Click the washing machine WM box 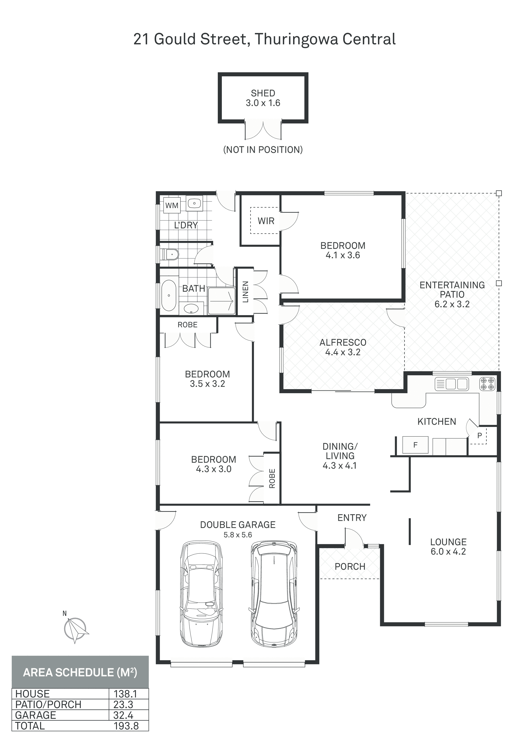click(x=172, y=205)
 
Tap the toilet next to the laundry click(x=172, y=254)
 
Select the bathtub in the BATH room click(x=169, y=295)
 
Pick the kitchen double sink click(x=452, y=384)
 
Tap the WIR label click(x=266, y=221)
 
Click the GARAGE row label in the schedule click(x=36, y=715)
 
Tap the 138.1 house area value click(x=125, y=694)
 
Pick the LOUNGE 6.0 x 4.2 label click(x=448, y=547)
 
